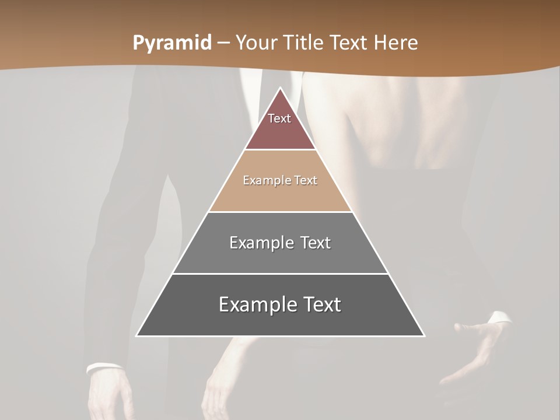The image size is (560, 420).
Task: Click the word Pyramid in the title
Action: point(172,43)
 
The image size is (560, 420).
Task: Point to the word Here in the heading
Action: point(396,43)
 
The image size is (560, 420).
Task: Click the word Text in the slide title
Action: point(350,43)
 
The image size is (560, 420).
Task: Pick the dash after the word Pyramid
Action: point(223,43)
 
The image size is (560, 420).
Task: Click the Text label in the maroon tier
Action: point(279,118)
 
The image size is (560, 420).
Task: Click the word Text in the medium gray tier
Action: point(316,243)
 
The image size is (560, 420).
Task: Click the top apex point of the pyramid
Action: point(280,88)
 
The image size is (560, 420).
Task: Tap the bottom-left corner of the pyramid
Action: point(136,335)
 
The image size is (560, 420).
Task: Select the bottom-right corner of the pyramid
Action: point(423,335)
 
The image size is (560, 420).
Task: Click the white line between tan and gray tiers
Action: point(280,212)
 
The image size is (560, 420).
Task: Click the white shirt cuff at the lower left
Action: point(104,367)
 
